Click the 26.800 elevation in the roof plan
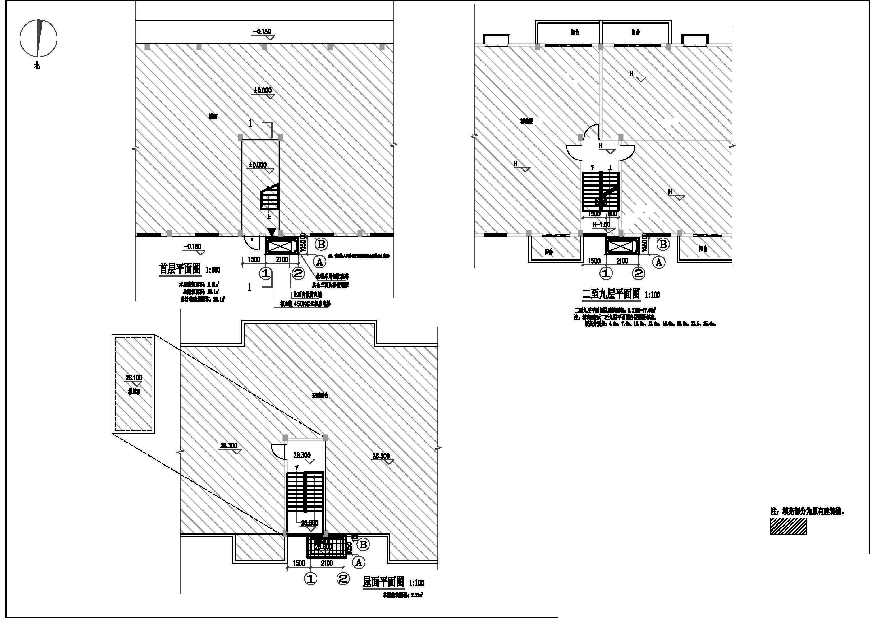coord(309,523)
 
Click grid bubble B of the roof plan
coord(363,545)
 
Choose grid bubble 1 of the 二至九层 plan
coord(606,273)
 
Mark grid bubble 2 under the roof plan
coord(343,579)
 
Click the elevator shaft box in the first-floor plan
coord(282,246)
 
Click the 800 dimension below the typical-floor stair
coord(612,214)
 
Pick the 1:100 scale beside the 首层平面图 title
coord(213,270)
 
